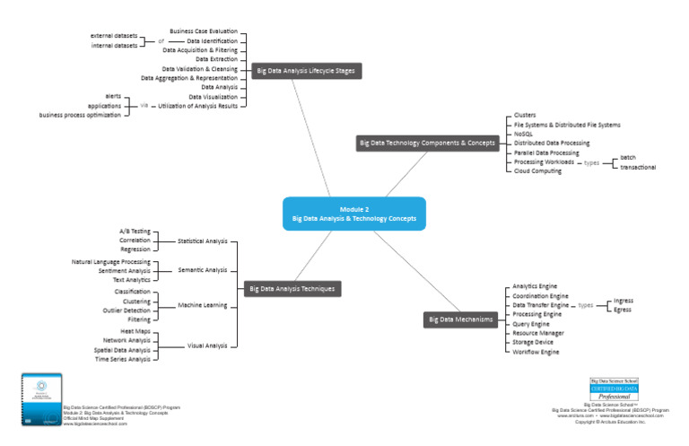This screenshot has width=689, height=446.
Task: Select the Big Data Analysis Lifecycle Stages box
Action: click(306, 71)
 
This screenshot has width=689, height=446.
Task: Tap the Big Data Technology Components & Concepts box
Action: click(429, 143)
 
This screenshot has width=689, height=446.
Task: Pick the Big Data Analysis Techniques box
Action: click(292, 288)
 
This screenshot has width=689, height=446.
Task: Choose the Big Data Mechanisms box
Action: click(460, 319)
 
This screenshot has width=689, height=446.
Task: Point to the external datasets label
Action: click(114, 36)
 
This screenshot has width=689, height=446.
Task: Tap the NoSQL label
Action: click(524, 134)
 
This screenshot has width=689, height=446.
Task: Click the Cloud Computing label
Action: click(537, 171)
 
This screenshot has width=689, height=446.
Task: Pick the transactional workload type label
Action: click(638, 167)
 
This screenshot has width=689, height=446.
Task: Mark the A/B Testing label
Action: click(135, 232)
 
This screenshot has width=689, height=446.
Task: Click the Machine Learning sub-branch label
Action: click(202, 305)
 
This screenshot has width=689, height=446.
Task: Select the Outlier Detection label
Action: click(126, 310)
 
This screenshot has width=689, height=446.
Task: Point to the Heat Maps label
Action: click(135, 331)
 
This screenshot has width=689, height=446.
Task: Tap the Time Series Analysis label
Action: click(123, 359)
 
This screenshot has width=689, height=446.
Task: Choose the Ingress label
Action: click(623, 301)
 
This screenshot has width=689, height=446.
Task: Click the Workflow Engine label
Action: click(536, 352)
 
